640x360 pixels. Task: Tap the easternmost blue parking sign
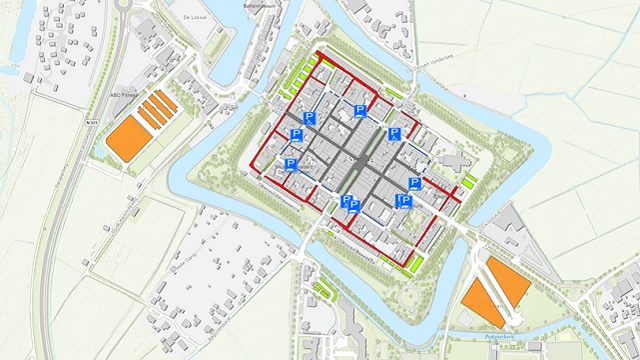tap(414, 184)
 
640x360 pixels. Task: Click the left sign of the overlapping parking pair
tap(346, 202)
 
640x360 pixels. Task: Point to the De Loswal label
tap(193, 17)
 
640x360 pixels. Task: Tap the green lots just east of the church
tap(469, 181)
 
